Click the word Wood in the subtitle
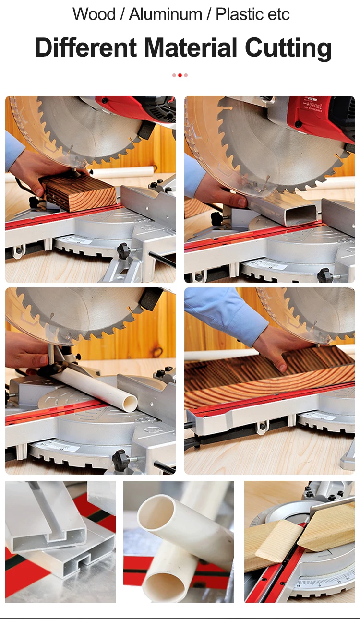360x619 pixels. click(94, 14)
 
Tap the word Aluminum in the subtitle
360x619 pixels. click(165, 14)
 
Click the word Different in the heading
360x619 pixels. click(86, 47)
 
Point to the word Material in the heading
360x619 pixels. click(191, 47)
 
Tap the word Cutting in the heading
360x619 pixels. click(288, 48)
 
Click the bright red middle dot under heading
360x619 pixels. click(180, 75)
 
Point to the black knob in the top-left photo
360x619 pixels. click(123, 250)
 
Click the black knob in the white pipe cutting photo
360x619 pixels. click(120, 456)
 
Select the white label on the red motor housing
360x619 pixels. click(312, 104)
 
